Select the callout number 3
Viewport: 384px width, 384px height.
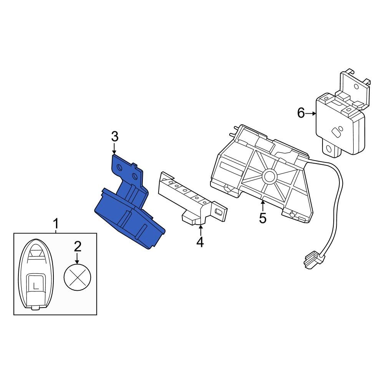(x=114, y=136)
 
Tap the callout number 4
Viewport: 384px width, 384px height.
(x=200, y=242)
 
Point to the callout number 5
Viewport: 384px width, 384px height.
(x=263, y=217)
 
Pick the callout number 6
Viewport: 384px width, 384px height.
(x=301, y=113)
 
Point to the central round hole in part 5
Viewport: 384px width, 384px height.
(x=269, y=176)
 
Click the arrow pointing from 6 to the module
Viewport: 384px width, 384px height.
(x=311, y=113)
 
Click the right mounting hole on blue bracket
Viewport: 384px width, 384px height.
(x=135, y=176)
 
